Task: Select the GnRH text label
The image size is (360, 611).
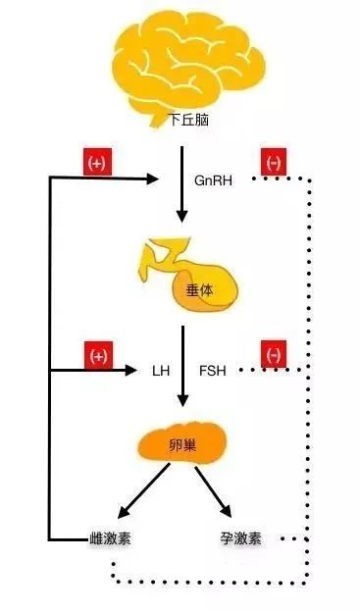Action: click(x=213, y=180)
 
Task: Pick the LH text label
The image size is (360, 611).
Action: click(x=161, y=372)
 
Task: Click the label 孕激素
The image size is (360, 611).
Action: click(x=242, y=538)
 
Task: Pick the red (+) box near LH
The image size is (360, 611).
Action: click(x=97, y=355)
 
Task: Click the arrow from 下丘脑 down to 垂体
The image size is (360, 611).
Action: click(x=180, y=186)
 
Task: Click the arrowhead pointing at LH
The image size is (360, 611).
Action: click(x=133, y=371)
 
